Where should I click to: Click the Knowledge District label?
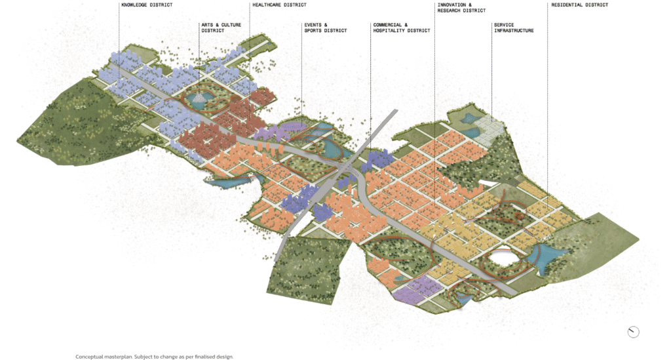[x=147, y=5]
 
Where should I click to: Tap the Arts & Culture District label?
[x=222, y=28]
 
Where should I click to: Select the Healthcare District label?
[x=278, y=5]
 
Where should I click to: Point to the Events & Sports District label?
[x=325, y=28]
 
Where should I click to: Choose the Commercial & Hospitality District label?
[x=401, y=28]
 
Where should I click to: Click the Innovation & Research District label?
[x=461, y=8]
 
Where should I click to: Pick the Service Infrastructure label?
[x=514, y=28]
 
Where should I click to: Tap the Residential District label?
[x=579, y=5]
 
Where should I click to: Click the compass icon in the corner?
[x=633, y=332]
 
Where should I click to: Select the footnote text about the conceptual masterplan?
[x=154, y=357]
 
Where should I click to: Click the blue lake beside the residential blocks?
[x=554, y=257]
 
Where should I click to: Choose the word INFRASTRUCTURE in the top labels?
[x=514, y=31]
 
